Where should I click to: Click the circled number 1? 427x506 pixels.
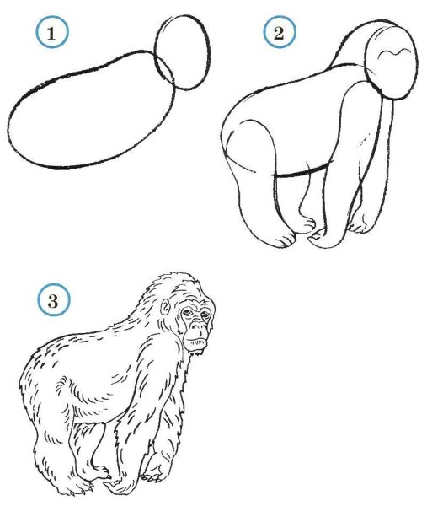[x=51, y=32]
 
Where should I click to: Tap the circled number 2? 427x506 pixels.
[x=280, y=32]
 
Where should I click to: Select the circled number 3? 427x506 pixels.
[x=53, y=300]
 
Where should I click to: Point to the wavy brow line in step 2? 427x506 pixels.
[x=396, y=53]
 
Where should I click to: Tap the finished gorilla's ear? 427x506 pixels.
[x=165, y=305]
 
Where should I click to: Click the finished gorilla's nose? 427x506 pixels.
[x=198, y=327]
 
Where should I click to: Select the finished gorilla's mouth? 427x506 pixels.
[x=196, y=341]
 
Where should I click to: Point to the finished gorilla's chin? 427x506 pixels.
[x=196, y=348]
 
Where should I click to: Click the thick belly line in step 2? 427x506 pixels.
[x=302, y=172]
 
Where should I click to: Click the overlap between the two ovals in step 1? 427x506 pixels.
[x=165, y=68]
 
